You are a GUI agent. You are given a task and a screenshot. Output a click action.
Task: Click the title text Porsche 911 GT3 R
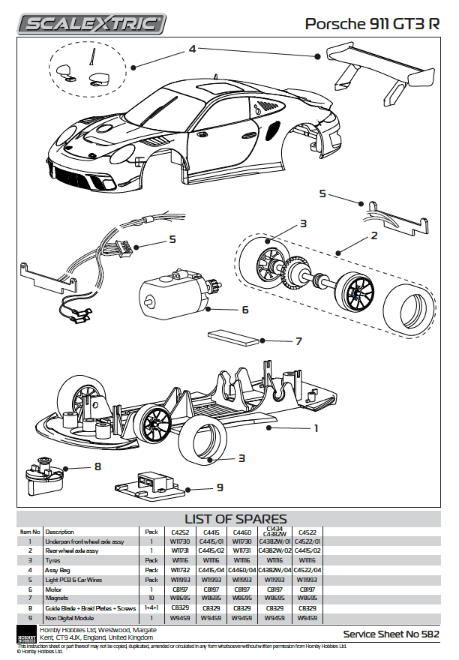pyautogui.click(x=372, y=24)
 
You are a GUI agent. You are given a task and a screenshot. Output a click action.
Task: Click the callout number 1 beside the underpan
pyautogui.click(x=316, y=428)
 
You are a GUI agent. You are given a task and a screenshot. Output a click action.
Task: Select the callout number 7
pyautogui.click(x=298, y=342)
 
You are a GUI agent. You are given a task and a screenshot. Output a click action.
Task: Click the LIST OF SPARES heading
pyautogui.click(x=235, y=519)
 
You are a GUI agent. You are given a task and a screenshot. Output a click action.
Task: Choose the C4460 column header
pyautogui.click(x=242, y=532)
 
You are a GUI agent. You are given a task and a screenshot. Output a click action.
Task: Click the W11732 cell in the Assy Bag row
pyautogui.click(x=179, y=570)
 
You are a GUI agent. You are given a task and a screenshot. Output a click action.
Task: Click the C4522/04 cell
pyautogui.click(x=307, y=570)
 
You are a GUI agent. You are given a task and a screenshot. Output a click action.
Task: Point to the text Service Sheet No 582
pyautogui.click(x=391, y=634)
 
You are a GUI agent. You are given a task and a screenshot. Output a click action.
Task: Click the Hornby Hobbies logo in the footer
pyautogui.click(x=26, y=633)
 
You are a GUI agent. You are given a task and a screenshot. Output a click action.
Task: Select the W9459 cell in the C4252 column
pyautogui.click(x=179, y=618)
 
